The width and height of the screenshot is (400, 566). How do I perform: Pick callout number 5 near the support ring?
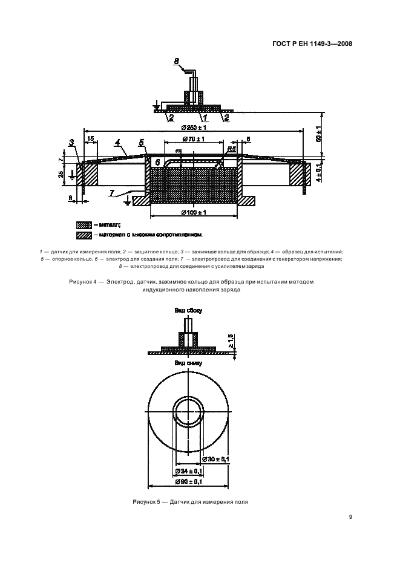pyautogui.click(x=141, y=143)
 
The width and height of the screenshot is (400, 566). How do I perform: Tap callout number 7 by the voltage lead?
pyautogui.click(x=113, y=192)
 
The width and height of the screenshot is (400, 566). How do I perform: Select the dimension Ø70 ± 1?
pyautogui.click(x=194, y=139)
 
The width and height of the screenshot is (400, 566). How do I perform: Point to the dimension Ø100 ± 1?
pyautogui.click(x=194, y=212)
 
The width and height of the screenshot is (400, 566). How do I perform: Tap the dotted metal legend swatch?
pyautogui.click(x=84, y=224)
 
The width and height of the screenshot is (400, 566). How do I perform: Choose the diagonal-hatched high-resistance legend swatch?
pyautogui.click(x=84, y=235)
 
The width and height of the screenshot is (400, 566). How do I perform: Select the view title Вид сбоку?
pyautogui.click(x=188, y=310)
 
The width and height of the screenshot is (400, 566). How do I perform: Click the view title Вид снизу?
pyautogui.click(x=188, y=363)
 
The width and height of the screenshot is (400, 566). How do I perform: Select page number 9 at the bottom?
pyautogui.click(x=351, y=517)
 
